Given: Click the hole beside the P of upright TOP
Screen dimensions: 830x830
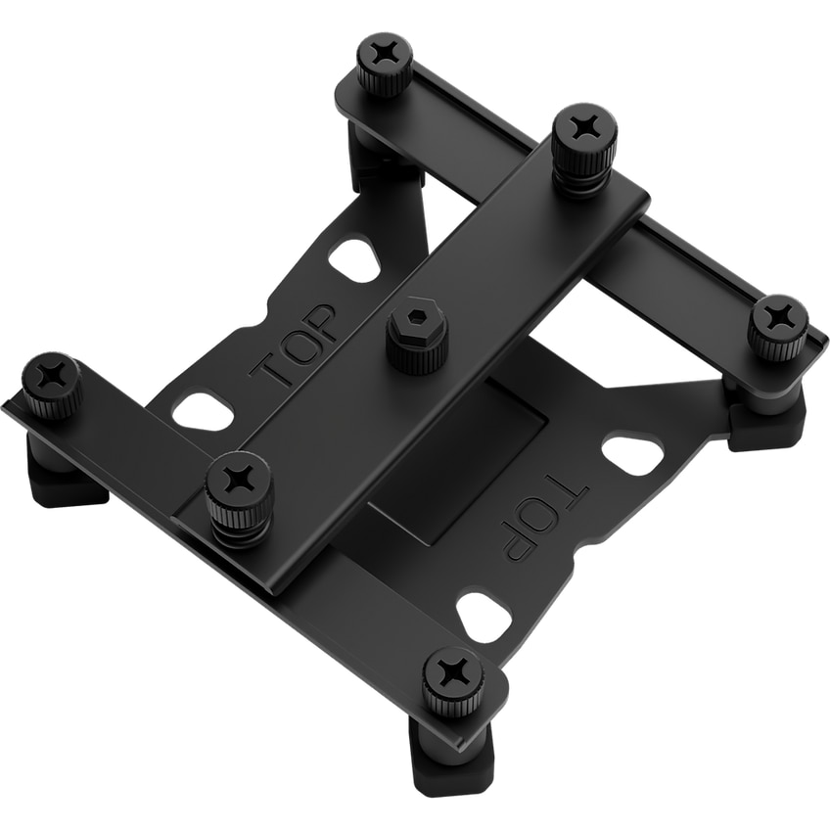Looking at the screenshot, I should pyautogui.click(x=352, y=259).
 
